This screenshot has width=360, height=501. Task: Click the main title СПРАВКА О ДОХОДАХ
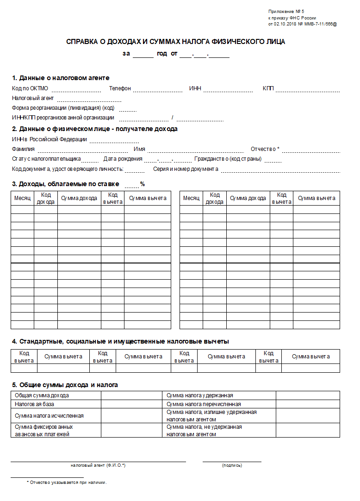click(x=175, y=42)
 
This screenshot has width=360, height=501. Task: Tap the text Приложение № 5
click(x=286, y=11)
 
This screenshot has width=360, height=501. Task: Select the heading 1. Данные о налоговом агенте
click(x=61, y=78)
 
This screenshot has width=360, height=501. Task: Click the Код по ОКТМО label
click(x=30, y=88)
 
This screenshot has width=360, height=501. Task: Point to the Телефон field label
click(x=120, y=88)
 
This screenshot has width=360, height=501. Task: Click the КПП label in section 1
click(x=268, y=88)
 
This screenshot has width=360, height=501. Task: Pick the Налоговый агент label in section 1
click(x=33, y=98)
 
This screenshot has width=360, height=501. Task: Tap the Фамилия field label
click(x=23, y=149)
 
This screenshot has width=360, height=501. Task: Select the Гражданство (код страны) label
click(x=228, y=159)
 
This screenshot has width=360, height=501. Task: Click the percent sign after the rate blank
click(x=143, y=184)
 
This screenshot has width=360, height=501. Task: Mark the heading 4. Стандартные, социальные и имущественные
click(x=120, y=342)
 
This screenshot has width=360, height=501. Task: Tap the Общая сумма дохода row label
click(x=42, y=395)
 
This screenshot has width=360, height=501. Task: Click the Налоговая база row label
click(x=34, y=404)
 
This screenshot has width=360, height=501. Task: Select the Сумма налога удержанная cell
click(x=199, y=395)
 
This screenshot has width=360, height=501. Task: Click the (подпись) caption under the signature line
click(x=232, y=465)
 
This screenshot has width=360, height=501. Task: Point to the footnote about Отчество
click(x=67, y=482)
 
